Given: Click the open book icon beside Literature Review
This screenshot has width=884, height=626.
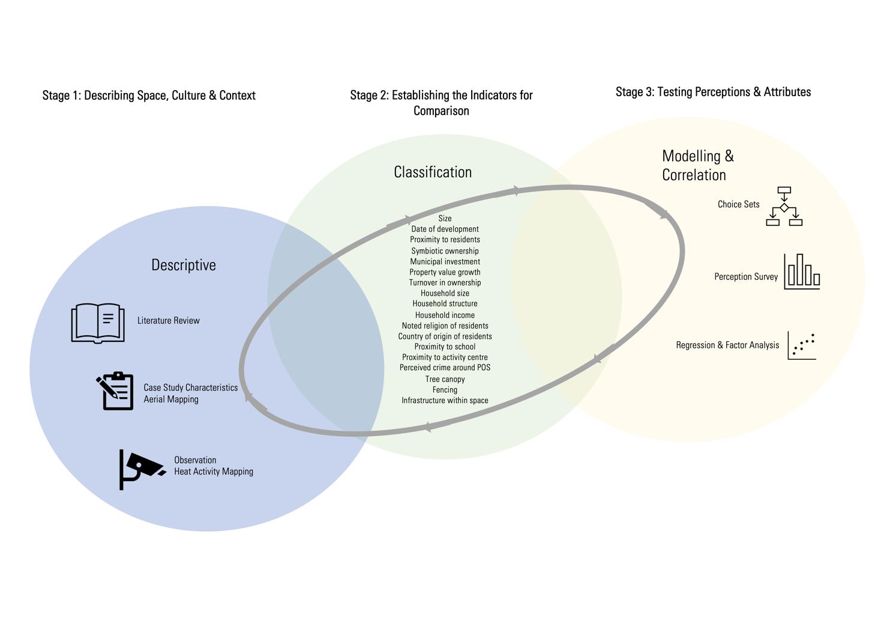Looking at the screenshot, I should point(98,323).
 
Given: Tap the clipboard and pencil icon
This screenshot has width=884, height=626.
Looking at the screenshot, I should point(115,391).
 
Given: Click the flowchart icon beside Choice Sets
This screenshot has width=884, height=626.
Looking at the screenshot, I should point(784,206).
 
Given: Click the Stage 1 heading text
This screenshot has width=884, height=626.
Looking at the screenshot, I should point(149,96).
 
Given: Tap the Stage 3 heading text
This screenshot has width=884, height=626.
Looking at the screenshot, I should point(713,92).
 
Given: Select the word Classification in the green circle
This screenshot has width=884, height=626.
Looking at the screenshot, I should point(433,172).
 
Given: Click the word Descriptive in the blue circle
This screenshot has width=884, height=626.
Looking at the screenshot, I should point(184,265).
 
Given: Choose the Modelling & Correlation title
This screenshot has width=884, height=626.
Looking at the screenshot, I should point(697,165).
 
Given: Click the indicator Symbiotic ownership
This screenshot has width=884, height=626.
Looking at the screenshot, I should point(445,251).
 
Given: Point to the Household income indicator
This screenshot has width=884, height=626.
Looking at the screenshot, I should point(445,315).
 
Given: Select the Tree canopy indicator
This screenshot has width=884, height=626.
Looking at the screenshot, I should point(445,379).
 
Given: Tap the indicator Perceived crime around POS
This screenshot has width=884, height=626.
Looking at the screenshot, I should point(445,368).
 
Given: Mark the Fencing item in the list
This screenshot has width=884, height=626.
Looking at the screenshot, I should point(445,390).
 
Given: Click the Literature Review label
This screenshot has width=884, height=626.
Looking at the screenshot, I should point(169,321).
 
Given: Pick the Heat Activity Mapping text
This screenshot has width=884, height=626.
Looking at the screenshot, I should point(214,472).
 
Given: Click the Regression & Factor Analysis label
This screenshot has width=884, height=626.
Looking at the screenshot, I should point(727,345).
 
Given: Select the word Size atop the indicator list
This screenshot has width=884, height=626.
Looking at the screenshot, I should point(445,218).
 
